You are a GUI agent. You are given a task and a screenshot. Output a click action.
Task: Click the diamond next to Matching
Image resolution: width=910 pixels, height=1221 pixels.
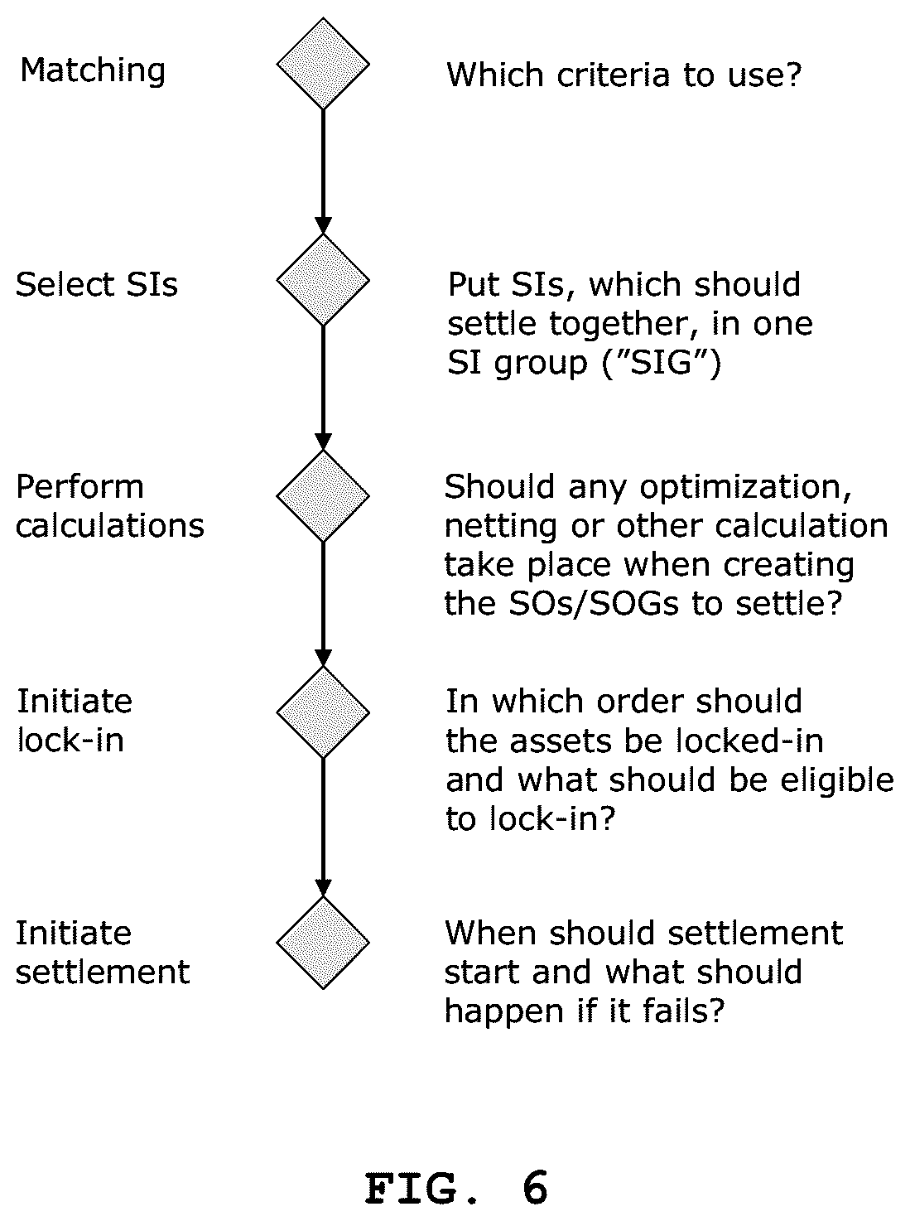323,64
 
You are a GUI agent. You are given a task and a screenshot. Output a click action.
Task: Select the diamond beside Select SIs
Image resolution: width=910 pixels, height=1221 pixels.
323,280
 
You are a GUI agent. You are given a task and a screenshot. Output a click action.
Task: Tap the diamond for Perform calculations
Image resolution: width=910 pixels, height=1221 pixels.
323,495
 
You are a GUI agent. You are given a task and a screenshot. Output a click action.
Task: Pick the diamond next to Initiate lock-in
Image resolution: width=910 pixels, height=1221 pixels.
323,712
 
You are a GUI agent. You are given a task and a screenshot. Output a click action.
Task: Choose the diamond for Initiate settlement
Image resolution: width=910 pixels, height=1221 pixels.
323,943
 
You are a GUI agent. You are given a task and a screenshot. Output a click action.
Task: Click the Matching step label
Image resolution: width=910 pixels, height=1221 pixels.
93,71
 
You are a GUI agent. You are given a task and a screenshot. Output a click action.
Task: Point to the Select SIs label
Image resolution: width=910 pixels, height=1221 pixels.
97,284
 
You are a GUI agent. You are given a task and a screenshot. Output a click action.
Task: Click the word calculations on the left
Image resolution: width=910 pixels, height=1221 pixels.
110,526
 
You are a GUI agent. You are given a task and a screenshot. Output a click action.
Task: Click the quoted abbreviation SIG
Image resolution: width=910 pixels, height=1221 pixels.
662,363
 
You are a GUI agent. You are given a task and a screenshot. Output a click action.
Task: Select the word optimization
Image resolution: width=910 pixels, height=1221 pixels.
745,488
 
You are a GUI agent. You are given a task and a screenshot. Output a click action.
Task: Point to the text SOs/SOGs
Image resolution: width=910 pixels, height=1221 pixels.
594,603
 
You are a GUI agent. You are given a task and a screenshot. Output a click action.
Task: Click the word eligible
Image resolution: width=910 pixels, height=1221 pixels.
837,779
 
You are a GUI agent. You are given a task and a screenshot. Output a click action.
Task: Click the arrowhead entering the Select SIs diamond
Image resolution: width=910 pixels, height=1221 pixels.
323,225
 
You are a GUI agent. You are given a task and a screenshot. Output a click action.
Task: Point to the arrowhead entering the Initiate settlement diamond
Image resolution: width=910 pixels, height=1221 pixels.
323,888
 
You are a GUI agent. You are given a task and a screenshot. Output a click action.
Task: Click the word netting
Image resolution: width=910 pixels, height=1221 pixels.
501,527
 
